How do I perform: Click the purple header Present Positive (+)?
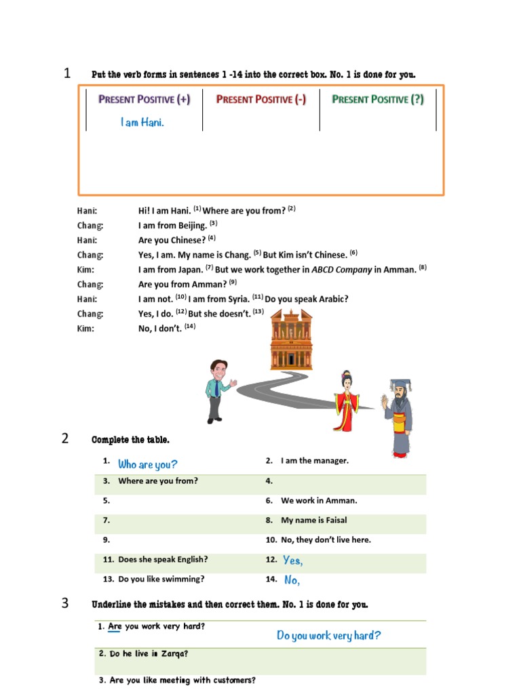[144, 100]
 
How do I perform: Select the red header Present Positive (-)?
[261, 100]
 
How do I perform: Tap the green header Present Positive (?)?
[378, 100]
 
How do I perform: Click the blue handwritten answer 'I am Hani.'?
[142, 123]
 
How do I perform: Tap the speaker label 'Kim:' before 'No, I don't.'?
[86, 329]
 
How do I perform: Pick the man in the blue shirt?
[218, 390]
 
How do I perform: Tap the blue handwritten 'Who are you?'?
[147, 464]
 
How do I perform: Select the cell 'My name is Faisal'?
[313, 520]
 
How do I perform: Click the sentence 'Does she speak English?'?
[163, 560]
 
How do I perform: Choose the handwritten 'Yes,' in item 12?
[292, 560]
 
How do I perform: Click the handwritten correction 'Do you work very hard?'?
[328, 636]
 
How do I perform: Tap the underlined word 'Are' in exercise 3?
[115, 627]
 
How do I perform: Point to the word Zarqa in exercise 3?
[174, 654]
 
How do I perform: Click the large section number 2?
[65, 438]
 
